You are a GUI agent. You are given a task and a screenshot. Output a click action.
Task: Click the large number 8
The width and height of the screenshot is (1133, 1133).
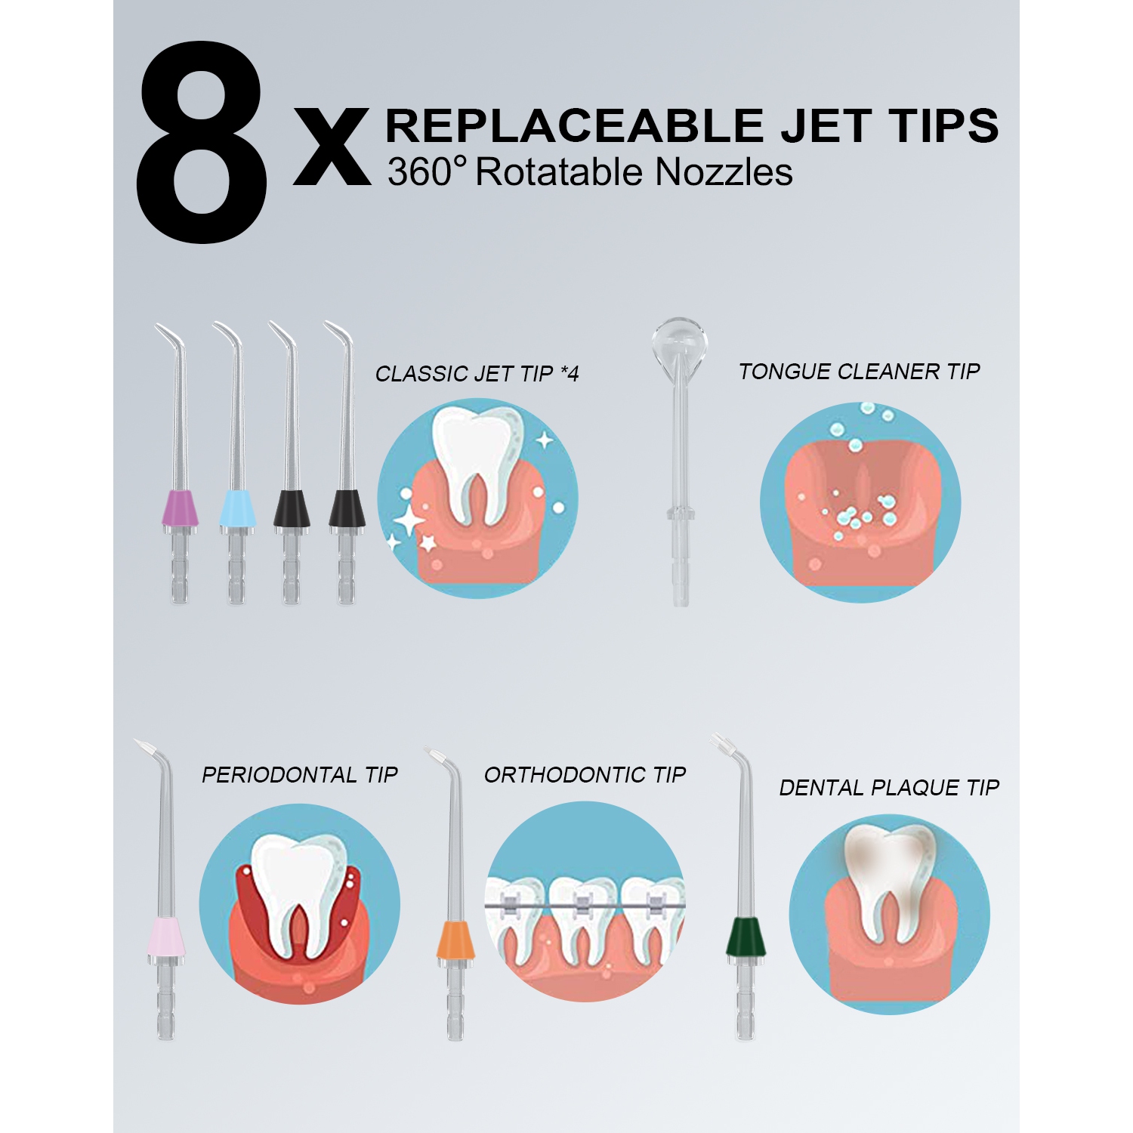coord(202,144)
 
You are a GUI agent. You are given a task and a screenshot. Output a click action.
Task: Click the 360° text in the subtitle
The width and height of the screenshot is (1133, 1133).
coord(427,172)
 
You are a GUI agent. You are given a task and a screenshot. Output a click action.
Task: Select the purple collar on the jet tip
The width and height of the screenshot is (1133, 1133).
coord(181,508)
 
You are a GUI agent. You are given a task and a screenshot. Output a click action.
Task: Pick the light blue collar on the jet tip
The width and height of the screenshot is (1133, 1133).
coord(236,508)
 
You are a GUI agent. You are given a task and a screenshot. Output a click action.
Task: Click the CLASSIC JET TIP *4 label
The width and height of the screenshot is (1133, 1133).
coord(477,374)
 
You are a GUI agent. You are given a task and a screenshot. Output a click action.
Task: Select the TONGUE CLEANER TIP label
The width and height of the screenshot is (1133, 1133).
coord(859,372)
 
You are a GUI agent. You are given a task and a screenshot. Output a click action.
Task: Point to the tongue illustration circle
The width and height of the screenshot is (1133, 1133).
coord(860,502)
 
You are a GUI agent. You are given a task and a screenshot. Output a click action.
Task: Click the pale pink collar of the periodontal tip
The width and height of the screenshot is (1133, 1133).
coord(166,937)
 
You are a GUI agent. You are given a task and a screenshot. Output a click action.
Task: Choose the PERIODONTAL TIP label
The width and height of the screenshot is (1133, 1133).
coord(299,775)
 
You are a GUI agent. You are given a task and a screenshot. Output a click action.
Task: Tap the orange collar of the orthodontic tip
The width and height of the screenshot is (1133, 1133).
coord(455,940)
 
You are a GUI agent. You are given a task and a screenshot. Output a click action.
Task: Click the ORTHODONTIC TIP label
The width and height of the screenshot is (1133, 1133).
coord(585,775)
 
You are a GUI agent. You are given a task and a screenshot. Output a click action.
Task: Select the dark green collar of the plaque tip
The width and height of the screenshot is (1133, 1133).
coord(745,937)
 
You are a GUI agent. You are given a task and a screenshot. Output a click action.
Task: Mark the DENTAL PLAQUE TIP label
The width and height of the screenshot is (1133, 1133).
coord(889,788)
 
